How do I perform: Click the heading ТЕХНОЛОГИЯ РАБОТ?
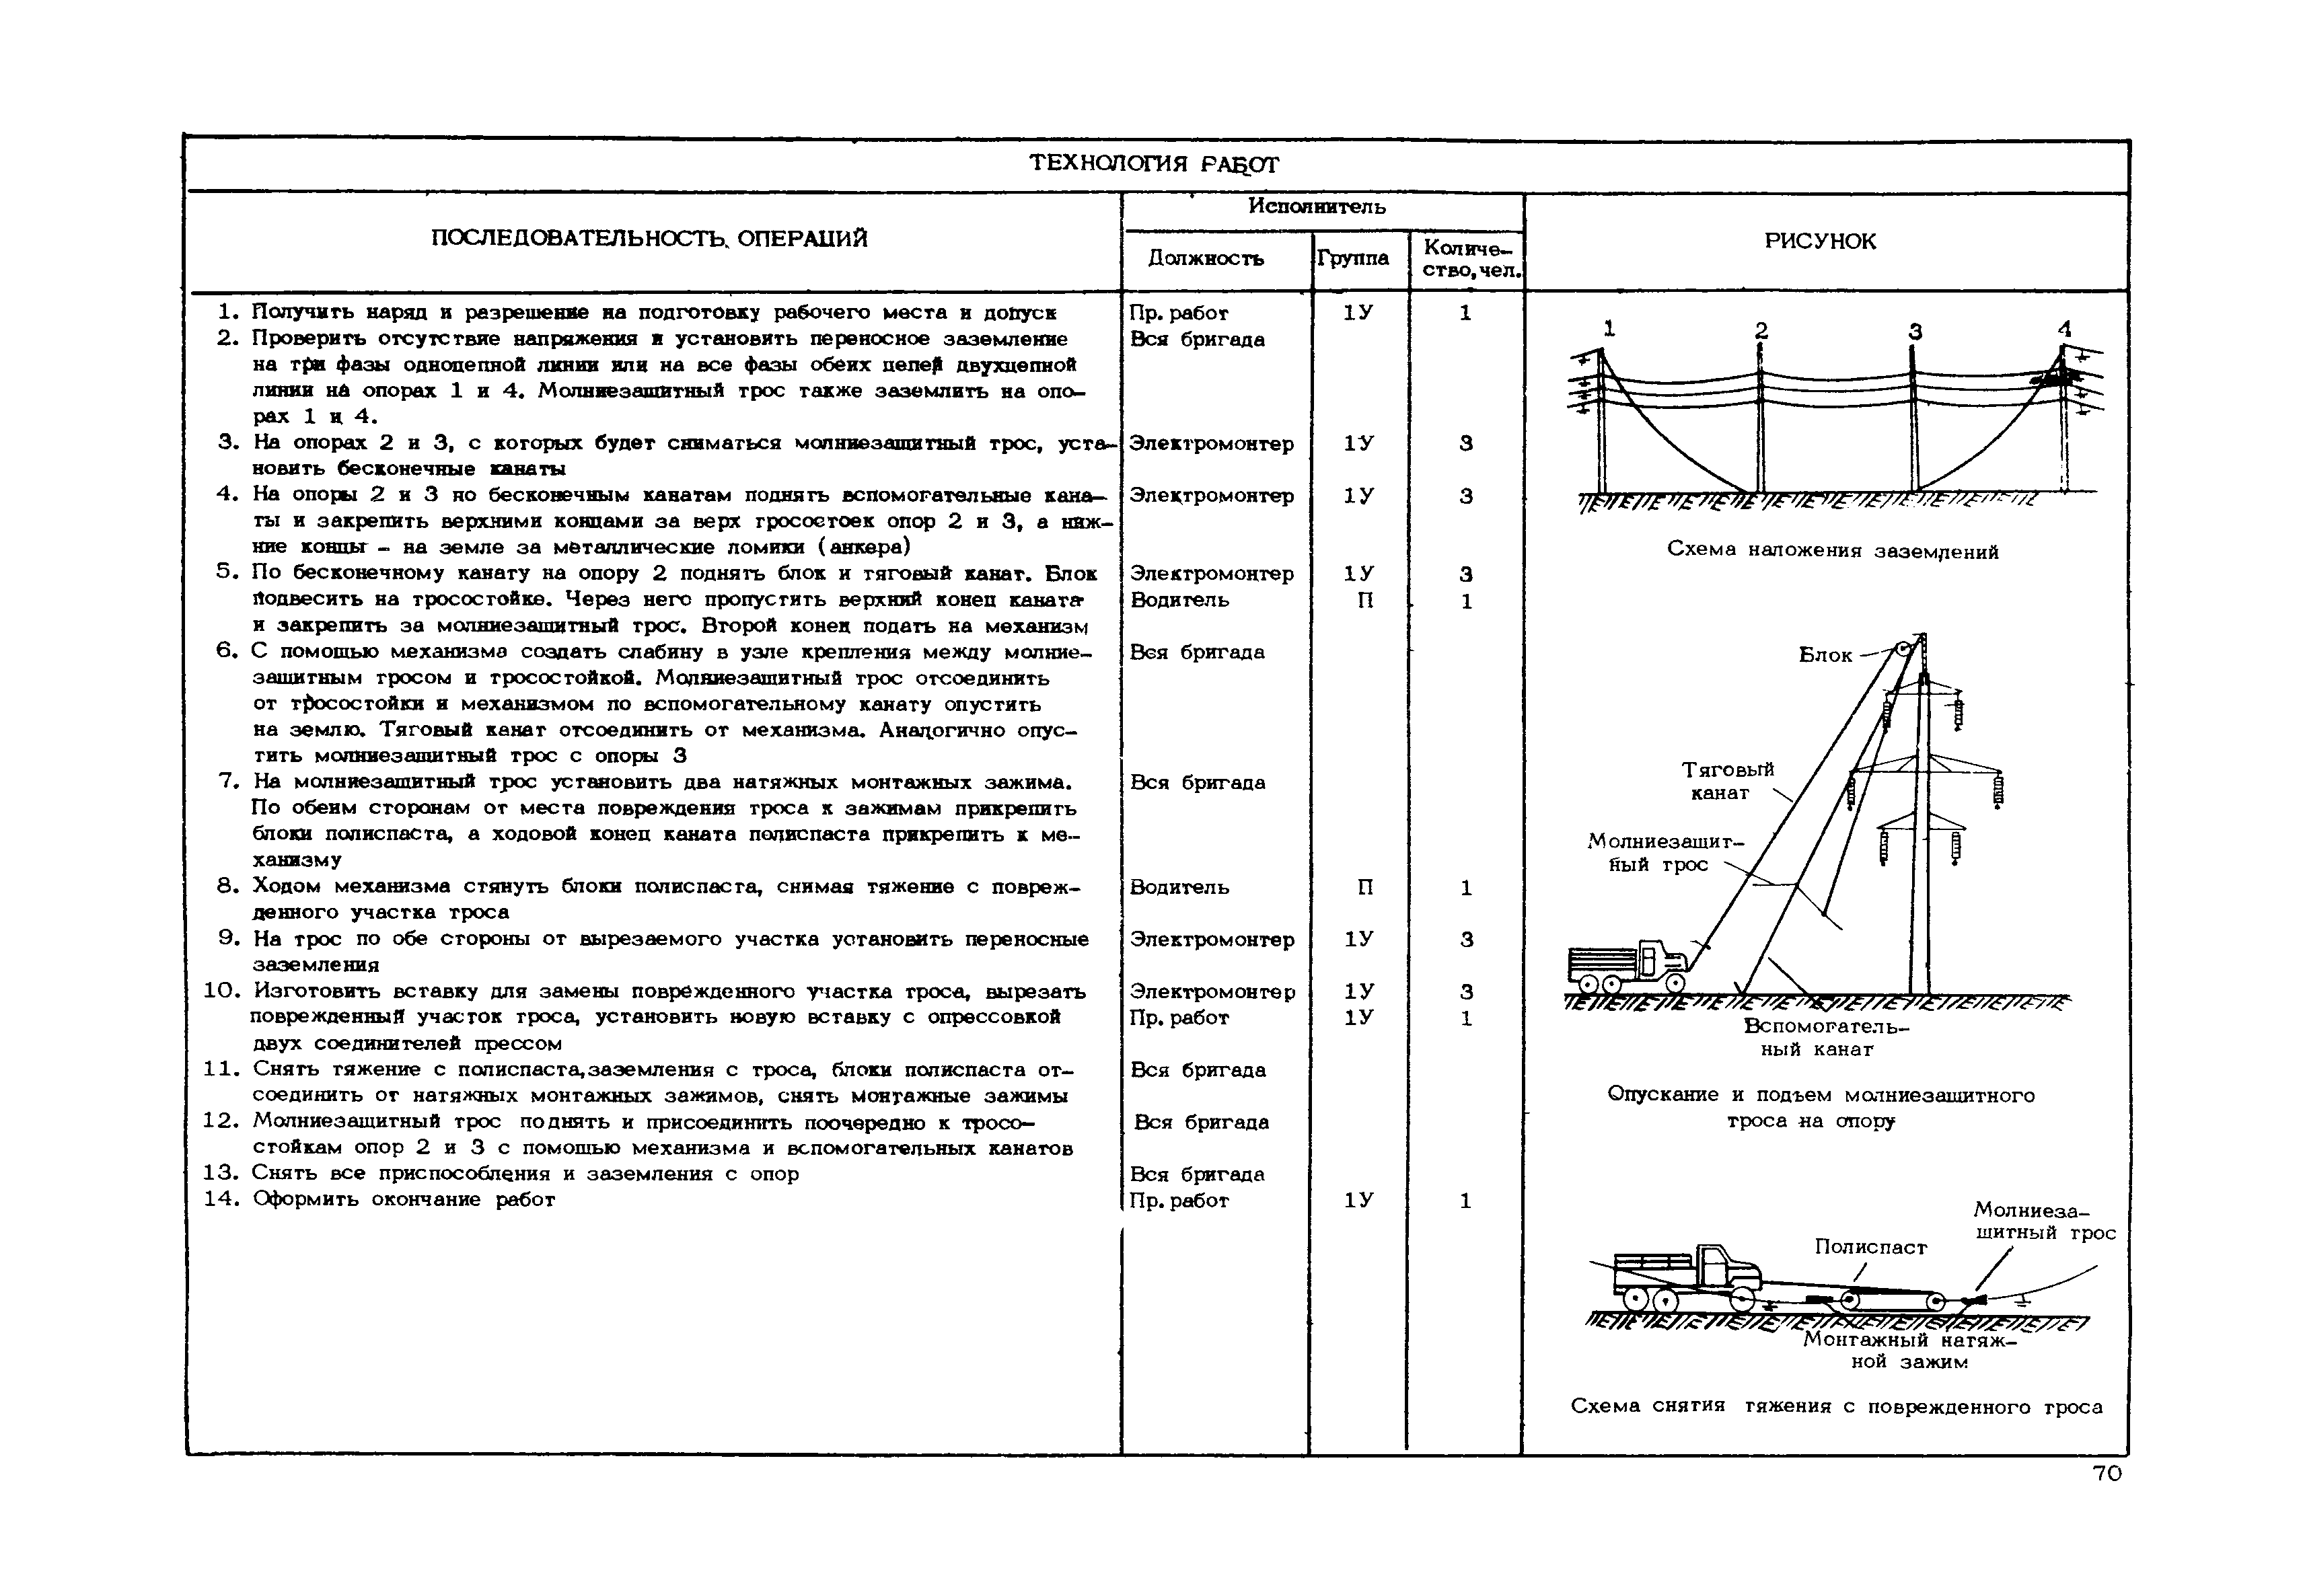(x=1153, y=163)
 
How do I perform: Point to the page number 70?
(x=2107, y=1474)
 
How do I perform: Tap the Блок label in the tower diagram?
(x=1825, y=654)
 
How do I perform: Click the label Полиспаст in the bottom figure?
(x=1870, y=1247)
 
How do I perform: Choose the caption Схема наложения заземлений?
(x=1832, y=552)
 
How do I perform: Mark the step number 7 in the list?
(x=227, y=781)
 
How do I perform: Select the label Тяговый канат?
(x=1727, y=781)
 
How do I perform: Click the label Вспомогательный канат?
(x=1826, y=1038)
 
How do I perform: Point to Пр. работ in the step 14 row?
(x=1178, y=1201)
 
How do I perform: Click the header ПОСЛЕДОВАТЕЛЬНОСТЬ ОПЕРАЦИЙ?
(x=649, y=239)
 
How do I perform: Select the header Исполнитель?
(x=1316, y=207)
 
